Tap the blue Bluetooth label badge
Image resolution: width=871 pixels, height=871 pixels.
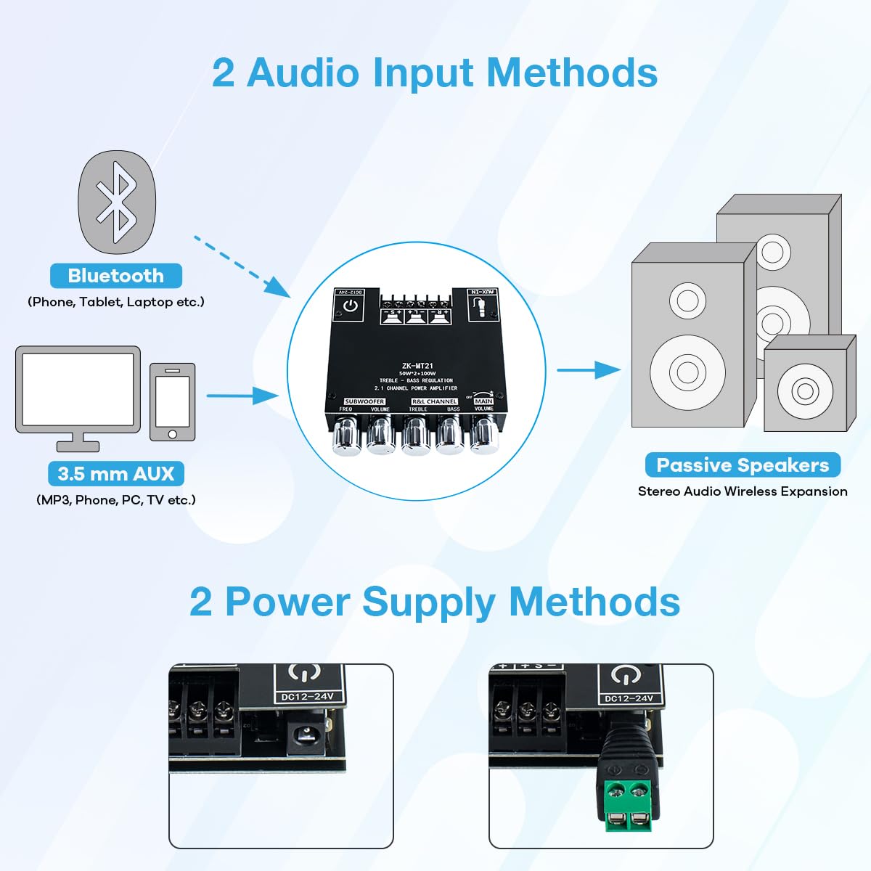(x=116, y=276)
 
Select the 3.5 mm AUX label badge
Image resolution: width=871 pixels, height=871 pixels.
(x=116, y=474)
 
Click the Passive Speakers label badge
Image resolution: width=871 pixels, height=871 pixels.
(x=743, y=465)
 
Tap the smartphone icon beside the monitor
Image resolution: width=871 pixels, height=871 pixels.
(x=173, y=401)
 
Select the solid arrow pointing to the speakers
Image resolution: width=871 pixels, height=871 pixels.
(x=589, y=369)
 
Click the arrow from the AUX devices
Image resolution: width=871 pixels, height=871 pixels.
(x=242, y=396)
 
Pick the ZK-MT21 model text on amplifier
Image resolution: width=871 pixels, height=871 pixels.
(x=417, y=366)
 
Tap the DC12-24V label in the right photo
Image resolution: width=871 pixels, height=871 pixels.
(x=629, y=699)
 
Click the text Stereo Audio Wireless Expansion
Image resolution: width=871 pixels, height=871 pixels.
(x=743, y=491)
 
